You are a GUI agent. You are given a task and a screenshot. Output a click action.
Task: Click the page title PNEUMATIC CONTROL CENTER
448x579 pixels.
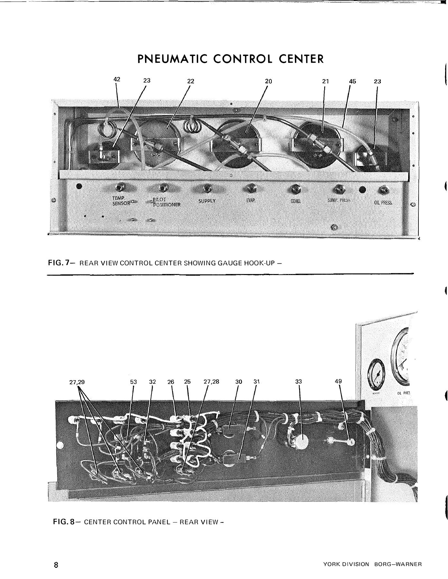[230, 59]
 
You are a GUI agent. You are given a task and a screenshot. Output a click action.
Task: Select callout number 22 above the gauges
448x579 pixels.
[191, 81]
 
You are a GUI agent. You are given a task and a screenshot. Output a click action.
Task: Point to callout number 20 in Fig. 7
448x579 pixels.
[269, 81]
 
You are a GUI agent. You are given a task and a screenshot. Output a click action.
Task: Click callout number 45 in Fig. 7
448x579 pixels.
[352, 81]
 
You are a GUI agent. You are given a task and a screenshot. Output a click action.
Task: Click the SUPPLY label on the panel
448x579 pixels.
[207, 201]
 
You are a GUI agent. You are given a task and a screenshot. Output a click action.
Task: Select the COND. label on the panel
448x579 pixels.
[295, 201]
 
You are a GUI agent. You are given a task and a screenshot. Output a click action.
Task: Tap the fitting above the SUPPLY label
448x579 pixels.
[207, 188]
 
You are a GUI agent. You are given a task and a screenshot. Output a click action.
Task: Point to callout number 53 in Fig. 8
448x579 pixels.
[133, 382]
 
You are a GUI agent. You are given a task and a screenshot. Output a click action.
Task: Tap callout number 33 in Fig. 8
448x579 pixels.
[299, 382]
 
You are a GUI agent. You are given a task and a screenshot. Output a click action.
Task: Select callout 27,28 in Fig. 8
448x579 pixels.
[212, 382]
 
